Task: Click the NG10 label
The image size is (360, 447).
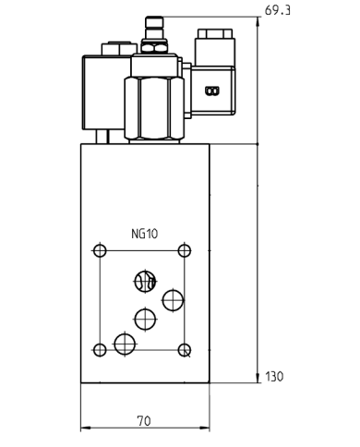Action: pos(145,234)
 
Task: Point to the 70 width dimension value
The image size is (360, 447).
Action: pos(143,421)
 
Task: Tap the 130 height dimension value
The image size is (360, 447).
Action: pos(275,377)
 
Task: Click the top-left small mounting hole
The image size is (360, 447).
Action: pos(100,250)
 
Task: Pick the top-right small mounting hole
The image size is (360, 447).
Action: pos(185,250)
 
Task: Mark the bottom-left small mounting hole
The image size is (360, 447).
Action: pos(100,350)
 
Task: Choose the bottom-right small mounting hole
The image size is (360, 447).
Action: pos(185,350)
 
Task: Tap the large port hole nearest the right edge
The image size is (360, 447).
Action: pos(173,300)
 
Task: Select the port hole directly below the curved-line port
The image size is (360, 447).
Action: pos(145,319)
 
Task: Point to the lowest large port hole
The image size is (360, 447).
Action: pos(125,344)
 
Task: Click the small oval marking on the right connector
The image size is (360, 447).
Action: pos(211,91)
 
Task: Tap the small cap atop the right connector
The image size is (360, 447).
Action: pos(212,33)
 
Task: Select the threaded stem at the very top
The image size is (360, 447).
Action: pos(154,27)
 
